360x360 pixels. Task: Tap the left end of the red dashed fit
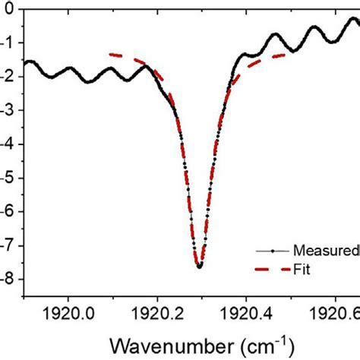coord(110,54)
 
